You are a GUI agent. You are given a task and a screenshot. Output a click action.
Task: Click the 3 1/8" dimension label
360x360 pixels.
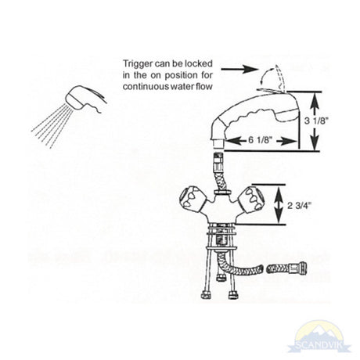[x=315, y=121]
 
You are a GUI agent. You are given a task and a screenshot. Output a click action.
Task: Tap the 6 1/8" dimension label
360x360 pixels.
[x=260, y=140]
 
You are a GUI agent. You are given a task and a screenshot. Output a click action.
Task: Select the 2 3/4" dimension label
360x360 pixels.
[x=300, y=206]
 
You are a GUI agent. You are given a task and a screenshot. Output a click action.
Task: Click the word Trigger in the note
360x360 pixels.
[x=137, y=64]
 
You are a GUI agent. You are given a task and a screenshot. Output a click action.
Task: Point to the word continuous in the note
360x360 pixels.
[x=146, y=86]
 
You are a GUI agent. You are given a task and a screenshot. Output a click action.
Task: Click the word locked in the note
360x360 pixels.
[x=199, y=63]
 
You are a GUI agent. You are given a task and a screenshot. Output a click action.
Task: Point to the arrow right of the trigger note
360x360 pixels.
[x=239, y=69]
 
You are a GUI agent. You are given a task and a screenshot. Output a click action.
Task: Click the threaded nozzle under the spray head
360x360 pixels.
[x=218, y=144]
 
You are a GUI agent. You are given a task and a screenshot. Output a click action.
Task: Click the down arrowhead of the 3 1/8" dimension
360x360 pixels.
[x=315, y=144]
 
